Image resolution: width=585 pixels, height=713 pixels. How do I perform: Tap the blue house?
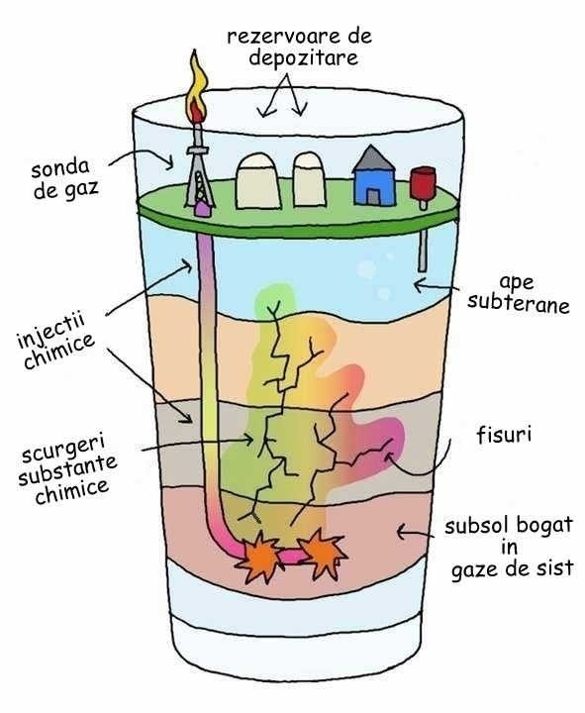tap(373, 176)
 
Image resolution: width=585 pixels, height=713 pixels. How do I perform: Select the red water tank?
tap(423, 183)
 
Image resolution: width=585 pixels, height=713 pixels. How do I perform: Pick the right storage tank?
tap(309, 179)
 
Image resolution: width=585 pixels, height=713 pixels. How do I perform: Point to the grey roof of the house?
tap(373, 158)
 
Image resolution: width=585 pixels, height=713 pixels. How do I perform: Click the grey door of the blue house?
tap(373, 196)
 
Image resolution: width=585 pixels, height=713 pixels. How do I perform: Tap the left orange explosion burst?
tap(259, 557)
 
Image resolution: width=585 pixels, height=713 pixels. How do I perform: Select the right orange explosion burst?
tap(322, 554)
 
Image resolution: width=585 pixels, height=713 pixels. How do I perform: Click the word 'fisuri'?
tap(504, 435)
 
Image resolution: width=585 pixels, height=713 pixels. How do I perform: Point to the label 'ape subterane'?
tap(518, 294)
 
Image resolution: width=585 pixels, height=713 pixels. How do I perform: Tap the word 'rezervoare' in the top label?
tap(278, 37)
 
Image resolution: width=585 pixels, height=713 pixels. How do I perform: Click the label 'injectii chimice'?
tap(55, 340)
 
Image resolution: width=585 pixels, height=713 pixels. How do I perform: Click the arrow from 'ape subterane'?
tap(437, 286)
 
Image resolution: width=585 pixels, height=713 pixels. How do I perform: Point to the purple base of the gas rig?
tap(202, 210)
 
